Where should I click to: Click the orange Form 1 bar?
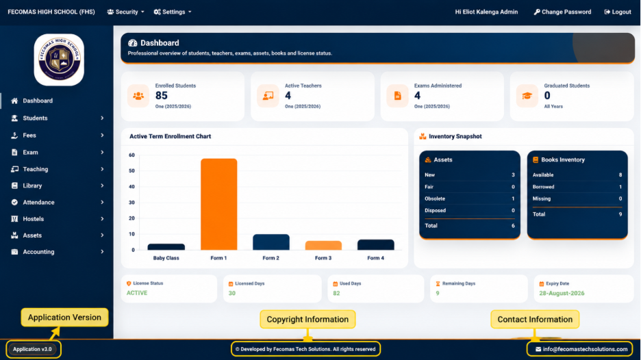(x=218, y=204)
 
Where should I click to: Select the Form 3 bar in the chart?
(x=323, y=245)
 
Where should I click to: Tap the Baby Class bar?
(x=166, y=247)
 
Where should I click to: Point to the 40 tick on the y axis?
(x=131, y=187)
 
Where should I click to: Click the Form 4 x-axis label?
(x=375, y=258)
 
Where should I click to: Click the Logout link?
(x=618, y=12)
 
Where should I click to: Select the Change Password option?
(x=562, y=12)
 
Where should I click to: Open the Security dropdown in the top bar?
(x=125, y=12)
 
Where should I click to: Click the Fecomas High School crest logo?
(x=59, y=60)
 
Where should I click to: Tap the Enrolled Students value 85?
(x=162, y=96)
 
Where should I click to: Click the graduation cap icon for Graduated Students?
(x=527, y=96)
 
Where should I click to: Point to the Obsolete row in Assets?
(x=469, y=198)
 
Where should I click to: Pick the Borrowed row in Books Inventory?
(x=577, y=187)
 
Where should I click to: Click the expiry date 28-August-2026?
(x=562, y=293)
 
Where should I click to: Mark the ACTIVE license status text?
(x=137, y=293)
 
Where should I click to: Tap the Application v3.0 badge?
(x=32, y=349)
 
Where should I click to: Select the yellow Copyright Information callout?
(x=307, y=319)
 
